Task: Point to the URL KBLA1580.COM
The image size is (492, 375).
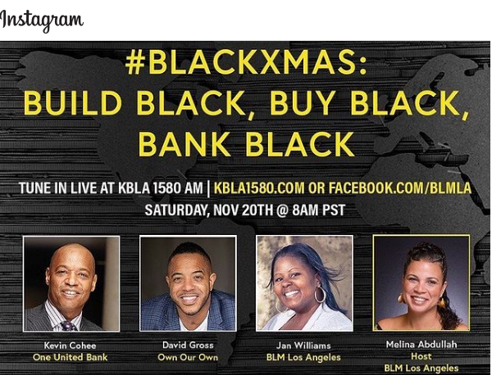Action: point(258,187)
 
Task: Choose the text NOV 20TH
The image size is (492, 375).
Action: point(239,210)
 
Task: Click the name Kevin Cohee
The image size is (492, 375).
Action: point(71,346)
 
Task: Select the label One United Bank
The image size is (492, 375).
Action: point(71,358)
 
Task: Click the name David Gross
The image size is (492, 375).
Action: point(188,346)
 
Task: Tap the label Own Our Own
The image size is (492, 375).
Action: point(188,358)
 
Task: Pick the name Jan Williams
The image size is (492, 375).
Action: point(304,346)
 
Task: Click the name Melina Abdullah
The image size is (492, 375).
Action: point(421,345)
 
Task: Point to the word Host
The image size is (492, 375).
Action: point(421,356)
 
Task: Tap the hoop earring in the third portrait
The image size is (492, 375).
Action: point(320,294)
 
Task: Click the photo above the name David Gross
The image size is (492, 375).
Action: point(188,283)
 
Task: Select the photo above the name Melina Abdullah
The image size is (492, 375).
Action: point(421,282)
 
